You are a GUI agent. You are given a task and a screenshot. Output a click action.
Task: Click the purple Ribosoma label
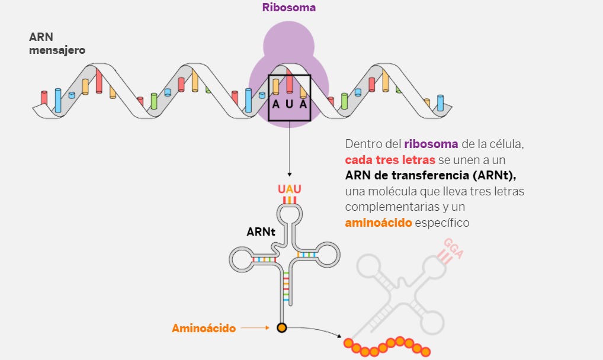289,8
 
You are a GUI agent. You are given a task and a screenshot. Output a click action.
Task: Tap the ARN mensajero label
57,44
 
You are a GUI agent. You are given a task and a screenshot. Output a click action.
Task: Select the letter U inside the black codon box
290,104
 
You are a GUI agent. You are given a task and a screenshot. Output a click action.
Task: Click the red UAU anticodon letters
290,189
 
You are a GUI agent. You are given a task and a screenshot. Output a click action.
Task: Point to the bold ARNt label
261,232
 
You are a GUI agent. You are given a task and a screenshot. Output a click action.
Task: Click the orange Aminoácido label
204,328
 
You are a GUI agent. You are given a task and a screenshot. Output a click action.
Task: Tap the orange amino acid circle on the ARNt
282,327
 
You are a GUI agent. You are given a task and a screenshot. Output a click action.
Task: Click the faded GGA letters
453,249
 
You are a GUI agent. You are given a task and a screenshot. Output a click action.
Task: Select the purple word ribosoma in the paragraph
431,144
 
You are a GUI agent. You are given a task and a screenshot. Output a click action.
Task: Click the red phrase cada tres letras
390,160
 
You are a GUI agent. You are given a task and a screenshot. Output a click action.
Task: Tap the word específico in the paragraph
442,223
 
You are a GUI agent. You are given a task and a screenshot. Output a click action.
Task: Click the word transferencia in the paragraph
434,176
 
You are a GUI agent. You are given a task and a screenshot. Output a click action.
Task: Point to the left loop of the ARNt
241,259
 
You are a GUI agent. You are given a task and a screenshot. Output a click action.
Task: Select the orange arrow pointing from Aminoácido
255,328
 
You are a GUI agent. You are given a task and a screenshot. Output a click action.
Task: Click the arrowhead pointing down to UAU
289,175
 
